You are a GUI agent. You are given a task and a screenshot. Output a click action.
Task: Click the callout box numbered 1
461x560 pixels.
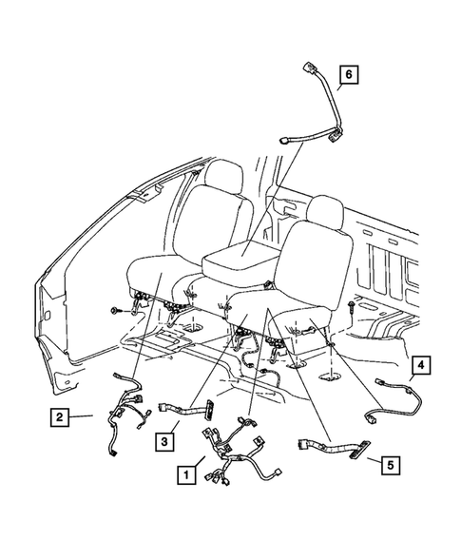point(185,469)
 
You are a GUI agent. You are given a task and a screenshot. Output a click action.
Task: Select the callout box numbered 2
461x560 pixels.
point(61,415)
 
